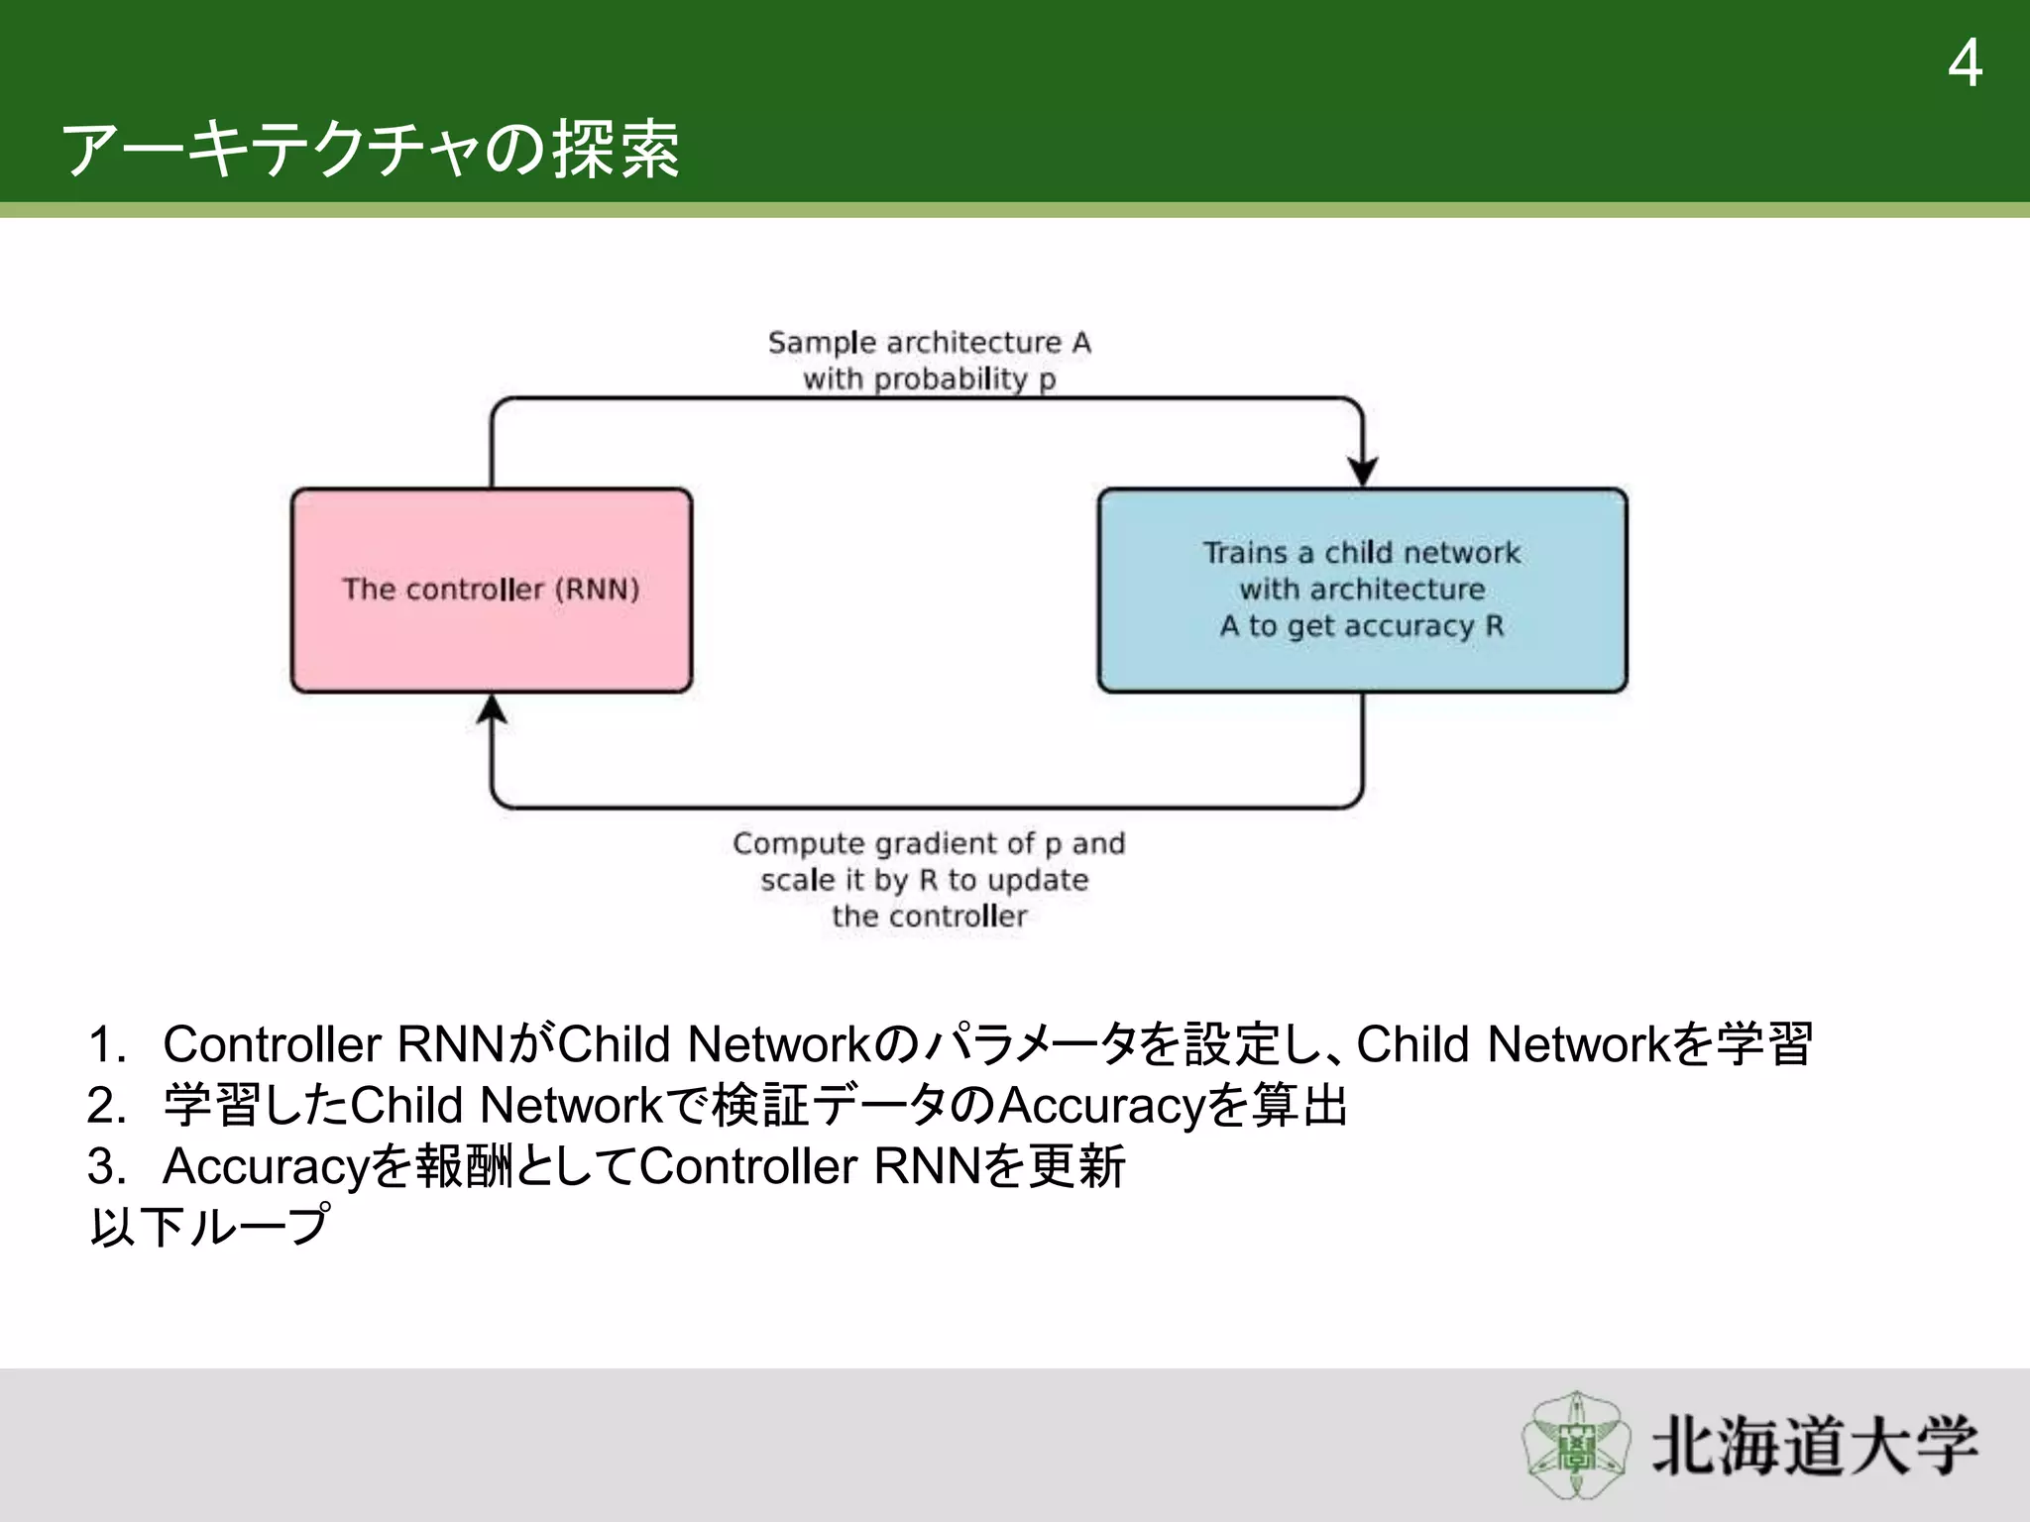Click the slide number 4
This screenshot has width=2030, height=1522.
coord(1965,63)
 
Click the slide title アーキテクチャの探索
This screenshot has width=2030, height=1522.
coord(371,150)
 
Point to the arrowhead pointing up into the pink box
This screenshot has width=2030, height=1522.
coord(492,709)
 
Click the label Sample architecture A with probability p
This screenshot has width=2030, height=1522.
coord(930,361)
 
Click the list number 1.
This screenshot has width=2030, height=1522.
coord(106,1045)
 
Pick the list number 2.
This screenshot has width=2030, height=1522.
coord(106,1106)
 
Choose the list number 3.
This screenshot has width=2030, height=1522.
coord(106,1166)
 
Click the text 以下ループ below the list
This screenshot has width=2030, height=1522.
coord(209,1227)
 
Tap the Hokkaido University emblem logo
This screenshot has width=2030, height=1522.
coord(1575,1446)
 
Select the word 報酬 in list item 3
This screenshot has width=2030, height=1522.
coord(464,1166)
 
